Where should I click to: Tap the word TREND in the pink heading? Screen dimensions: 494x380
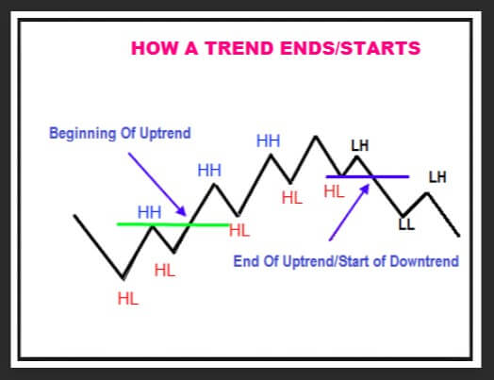pyautogui.click(x=239, y=48)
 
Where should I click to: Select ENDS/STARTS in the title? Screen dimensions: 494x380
pyautogui.click(x=351, y=48)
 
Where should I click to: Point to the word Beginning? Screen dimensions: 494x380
pyautogui.click(x=83, y=133)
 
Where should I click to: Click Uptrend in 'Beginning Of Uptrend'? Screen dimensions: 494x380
pyautogui.click(x=165, y=133)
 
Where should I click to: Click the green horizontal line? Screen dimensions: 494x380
pyautogui.click(x=173, y=224)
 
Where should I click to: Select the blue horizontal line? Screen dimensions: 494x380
pyautogui.click(x=368, y=176)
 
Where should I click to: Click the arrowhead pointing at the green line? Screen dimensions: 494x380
pyautogui.click(x=182, y=211)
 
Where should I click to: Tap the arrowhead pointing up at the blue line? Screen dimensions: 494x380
pyautogui.click(x=365, y=190)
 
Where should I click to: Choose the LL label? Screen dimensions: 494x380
pyautogui.click(x=406, y=224)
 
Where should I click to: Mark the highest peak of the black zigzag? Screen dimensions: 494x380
pyautogui.click(x=316, y=137)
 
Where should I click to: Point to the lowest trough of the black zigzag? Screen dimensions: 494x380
pyautogui.click(x=123, y=278)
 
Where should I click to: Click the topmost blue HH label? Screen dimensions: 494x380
pyautogui.click(x=268, y=140)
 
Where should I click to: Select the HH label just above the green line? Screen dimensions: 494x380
pyautogui.click(x=149, y=212)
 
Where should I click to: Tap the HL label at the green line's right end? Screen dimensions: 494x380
pyautogui.click(x=239, y=230)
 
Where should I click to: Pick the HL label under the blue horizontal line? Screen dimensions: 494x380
pyautogui.click(x=335, y=191)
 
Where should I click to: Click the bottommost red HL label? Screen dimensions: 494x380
pyautogui.click(x=128, y=298)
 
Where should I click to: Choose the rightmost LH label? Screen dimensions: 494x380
pyautogui.click(x=437, y=177)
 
